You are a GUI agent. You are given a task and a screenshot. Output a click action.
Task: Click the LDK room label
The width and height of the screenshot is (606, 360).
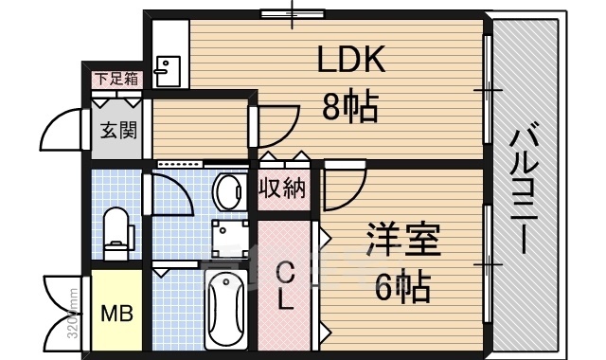[x=351, y=59]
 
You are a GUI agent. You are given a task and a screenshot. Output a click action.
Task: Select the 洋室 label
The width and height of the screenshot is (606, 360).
[x=403, y=240]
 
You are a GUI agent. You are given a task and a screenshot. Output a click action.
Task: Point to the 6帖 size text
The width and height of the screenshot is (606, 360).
[x=402, y=287]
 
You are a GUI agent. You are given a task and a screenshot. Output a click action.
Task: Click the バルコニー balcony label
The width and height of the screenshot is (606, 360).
[x=525, y=192]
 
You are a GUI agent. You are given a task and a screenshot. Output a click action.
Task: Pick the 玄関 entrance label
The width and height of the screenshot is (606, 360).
[x=118, y=130]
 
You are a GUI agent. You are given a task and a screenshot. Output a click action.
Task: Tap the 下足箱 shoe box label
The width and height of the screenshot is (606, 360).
[x=116, y=79]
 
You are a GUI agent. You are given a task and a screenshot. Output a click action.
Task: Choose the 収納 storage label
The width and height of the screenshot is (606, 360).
[x=282, y=189]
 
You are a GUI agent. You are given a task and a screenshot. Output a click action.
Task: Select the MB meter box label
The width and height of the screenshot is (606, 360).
[x=116, y=314]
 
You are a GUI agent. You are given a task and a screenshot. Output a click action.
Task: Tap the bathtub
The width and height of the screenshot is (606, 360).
[x=225, y=310]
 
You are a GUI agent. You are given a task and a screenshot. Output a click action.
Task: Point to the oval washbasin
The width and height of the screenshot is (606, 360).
[x=229, y=192]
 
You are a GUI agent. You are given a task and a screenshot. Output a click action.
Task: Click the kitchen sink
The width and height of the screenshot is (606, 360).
[x=169, y=72]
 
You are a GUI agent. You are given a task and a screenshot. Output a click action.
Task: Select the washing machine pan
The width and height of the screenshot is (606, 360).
[x=230, y=237]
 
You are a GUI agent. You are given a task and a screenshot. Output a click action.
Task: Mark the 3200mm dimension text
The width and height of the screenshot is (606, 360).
[x=74, y=313]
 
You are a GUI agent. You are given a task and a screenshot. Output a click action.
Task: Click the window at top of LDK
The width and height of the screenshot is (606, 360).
[x=293, y=14]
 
